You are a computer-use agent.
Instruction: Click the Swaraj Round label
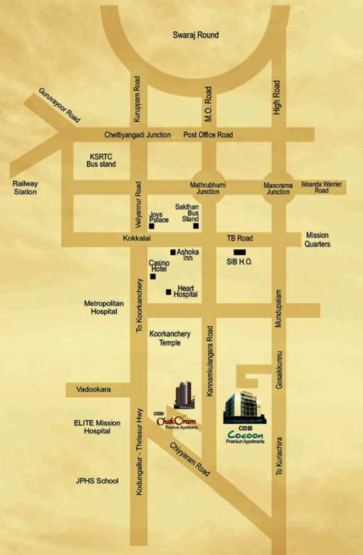coord(195,35)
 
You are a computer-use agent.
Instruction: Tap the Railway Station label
coord(25,188)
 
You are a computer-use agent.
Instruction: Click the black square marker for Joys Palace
coord(151,226)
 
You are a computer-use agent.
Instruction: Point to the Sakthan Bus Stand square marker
coord(195,225)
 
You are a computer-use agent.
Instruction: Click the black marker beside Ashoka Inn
coord(173,252)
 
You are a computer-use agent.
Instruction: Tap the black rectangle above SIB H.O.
coord(239,251)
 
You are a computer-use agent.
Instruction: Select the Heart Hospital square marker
coord(168,292)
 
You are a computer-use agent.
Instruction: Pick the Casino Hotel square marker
coord(153,276)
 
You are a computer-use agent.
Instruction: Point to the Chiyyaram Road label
coord(192,457)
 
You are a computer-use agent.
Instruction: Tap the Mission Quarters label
coord(317,240)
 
